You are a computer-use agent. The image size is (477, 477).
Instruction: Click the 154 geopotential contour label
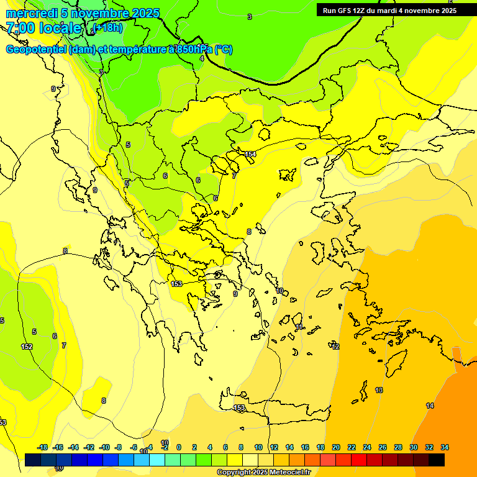tap(250, 154)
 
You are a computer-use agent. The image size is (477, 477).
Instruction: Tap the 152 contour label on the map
tap(27, 347)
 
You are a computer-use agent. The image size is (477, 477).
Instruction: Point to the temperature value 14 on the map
tap(430, 406)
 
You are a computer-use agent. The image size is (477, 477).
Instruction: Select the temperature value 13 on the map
tap(379, 390)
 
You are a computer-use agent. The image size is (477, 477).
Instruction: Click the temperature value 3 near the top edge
tap(250, 17)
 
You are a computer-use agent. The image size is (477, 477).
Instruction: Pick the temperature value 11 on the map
tap(299, 327)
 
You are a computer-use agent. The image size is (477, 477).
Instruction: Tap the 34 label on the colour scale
tap(445, 447)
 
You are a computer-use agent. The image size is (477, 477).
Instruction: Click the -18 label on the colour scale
tap(43, 447)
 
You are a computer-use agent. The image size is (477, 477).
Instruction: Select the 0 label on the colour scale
tap(179, 447)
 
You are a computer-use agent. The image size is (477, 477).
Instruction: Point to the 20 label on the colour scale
tap(336, 447)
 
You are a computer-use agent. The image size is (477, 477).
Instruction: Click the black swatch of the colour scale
tap(437, 460)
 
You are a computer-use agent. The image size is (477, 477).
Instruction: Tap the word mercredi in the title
tap(29, 13)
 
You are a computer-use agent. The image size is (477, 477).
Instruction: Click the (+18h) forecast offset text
tap(108, 27)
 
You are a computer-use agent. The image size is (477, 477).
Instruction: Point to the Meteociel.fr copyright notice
tap(263, 472)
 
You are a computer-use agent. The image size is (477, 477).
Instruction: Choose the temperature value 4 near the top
tap(202, 58)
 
